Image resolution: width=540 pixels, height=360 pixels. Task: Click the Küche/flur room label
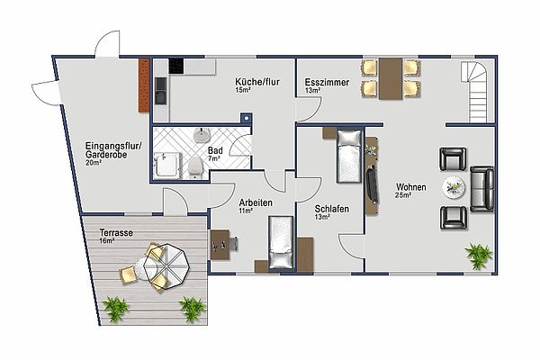tap(257, 82)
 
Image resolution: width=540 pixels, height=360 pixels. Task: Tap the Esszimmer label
tap(327, 82)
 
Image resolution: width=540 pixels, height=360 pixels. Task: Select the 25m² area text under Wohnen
tap(403, 195)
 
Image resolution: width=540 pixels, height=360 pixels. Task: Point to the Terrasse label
tap(116, 232)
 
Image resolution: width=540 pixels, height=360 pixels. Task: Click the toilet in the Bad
tap(195, 167)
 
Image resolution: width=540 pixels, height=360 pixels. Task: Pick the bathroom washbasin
tap(202, 135)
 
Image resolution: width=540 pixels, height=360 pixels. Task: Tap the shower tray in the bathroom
tap(167, 166)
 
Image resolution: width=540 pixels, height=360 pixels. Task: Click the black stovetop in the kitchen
tap(176, 66)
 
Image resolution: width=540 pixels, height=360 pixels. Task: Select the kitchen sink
tap(160, 91)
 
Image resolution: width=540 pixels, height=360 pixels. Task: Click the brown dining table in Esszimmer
tap(391, 79)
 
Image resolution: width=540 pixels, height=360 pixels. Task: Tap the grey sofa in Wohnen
tap(482, 189)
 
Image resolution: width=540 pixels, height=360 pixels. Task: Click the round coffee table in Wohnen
tap(454, 187)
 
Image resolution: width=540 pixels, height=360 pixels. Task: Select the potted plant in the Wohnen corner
tap(479, 256)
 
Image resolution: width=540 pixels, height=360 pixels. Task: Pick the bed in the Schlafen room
tap(349, 156)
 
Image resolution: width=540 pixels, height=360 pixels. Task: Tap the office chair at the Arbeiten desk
tap(234, 244)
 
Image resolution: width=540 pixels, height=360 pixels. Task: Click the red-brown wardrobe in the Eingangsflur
tap(144, 85)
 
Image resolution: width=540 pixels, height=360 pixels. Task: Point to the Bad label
tap(215, 150)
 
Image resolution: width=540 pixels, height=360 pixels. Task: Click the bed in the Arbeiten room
tap(282, 242)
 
